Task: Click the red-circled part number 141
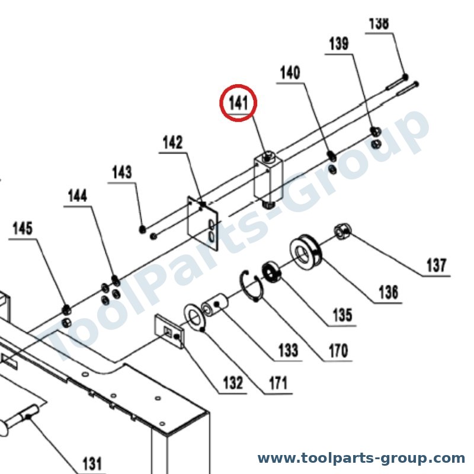coord(238,103)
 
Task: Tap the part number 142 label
coord(172,142)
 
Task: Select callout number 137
coord(436,265)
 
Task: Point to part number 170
coord(338,350)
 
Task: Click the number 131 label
coord(92,463)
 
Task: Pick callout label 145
coord(23,228)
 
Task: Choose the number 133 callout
coord(288,350)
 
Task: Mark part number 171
coord(278,383)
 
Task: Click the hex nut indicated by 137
coord(343,232)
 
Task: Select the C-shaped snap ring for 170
coord(251,286)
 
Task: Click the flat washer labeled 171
coord(195,318)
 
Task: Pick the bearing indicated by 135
coord(271,271)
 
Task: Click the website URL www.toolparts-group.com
coord(361,458)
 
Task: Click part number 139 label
coord(339,43)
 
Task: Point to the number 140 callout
coord(290,72)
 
